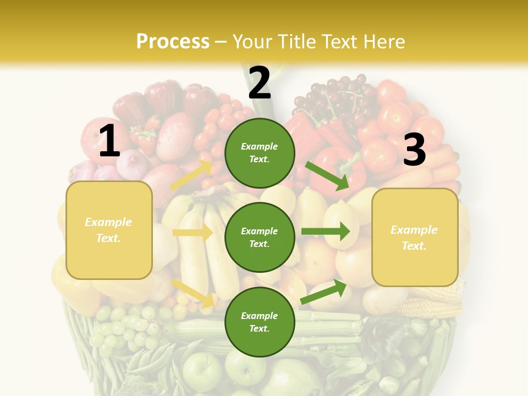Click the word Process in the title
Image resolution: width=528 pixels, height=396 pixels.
tap(173, 41)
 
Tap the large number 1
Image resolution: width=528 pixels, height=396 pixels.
tap(109, 141)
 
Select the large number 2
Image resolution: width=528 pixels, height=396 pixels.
tap(260, 83)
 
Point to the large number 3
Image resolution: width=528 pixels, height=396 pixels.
tap(414, 150)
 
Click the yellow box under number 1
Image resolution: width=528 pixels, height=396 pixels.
tap(109, 230)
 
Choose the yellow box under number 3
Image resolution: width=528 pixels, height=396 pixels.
tap(415, 238)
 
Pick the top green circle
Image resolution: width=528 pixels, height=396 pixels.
tap(260, 153)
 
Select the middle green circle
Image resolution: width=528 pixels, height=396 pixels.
tap(260, 237)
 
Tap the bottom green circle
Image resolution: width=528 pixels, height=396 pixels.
tap(260, 322)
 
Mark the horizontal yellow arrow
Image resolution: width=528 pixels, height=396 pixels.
tap(193, 233)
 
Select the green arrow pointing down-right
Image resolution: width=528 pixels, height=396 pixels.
tap(328, 175)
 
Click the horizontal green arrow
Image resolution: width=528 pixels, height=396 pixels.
tap(326, 232)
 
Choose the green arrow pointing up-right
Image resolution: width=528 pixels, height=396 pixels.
tap(323, 292)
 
